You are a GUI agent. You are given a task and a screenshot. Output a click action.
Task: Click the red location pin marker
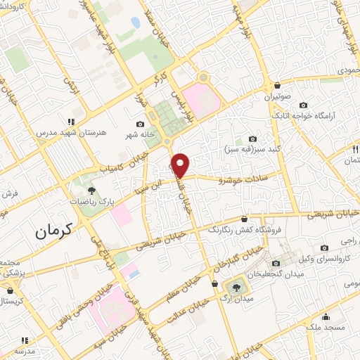point(181,165)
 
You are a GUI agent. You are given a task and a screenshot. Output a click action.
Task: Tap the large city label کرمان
point(54,229)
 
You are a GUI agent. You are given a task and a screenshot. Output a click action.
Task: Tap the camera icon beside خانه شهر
point(140,124)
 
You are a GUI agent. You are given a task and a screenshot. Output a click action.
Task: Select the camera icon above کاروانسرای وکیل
point(325,247)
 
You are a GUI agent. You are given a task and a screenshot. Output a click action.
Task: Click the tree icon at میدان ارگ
point(236,286)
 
